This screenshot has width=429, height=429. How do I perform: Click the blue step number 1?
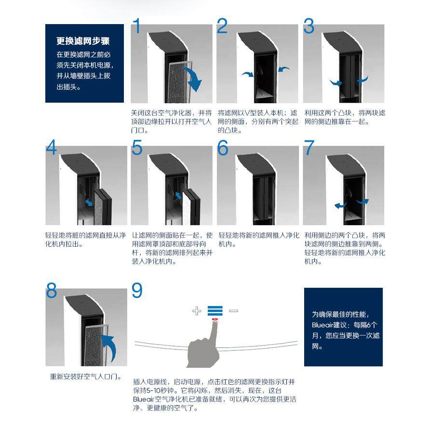[x=137, y=26]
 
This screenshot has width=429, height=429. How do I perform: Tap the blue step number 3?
[x=309, y=26]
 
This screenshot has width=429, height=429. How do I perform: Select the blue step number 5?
[x=137, y=148]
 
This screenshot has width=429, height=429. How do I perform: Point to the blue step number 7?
[x=309, y=148]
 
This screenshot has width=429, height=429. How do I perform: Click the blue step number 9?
[x=137, y=290]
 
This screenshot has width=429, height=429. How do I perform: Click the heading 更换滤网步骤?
[x=83, y=41]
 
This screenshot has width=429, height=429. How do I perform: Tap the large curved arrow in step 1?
[x=193, y=79]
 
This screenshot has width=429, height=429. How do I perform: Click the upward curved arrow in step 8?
[x=110, y=347]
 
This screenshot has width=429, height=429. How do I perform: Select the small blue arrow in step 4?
[x=89, y=203]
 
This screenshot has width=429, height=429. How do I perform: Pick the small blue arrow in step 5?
[x=178, y=195]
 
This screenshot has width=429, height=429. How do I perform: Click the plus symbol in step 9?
[x=197, y=311]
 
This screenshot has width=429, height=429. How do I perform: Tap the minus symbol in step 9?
[x=233, y=310]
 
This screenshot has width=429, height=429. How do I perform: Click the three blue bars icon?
[x=215, y=311]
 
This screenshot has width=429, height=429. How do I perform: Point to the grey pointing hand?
[x=204, y=348]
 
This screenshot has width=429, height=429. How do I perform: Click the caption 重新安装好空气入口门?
[x=85, y=377]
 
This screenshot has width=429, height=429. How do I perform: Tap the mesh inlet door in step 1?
[x=179, y=82]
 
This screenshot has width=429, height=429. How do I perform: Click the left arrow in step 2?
[x=248, y=74]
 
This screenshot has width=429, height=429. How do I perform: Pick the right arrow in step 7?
[x=362, y=201]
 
